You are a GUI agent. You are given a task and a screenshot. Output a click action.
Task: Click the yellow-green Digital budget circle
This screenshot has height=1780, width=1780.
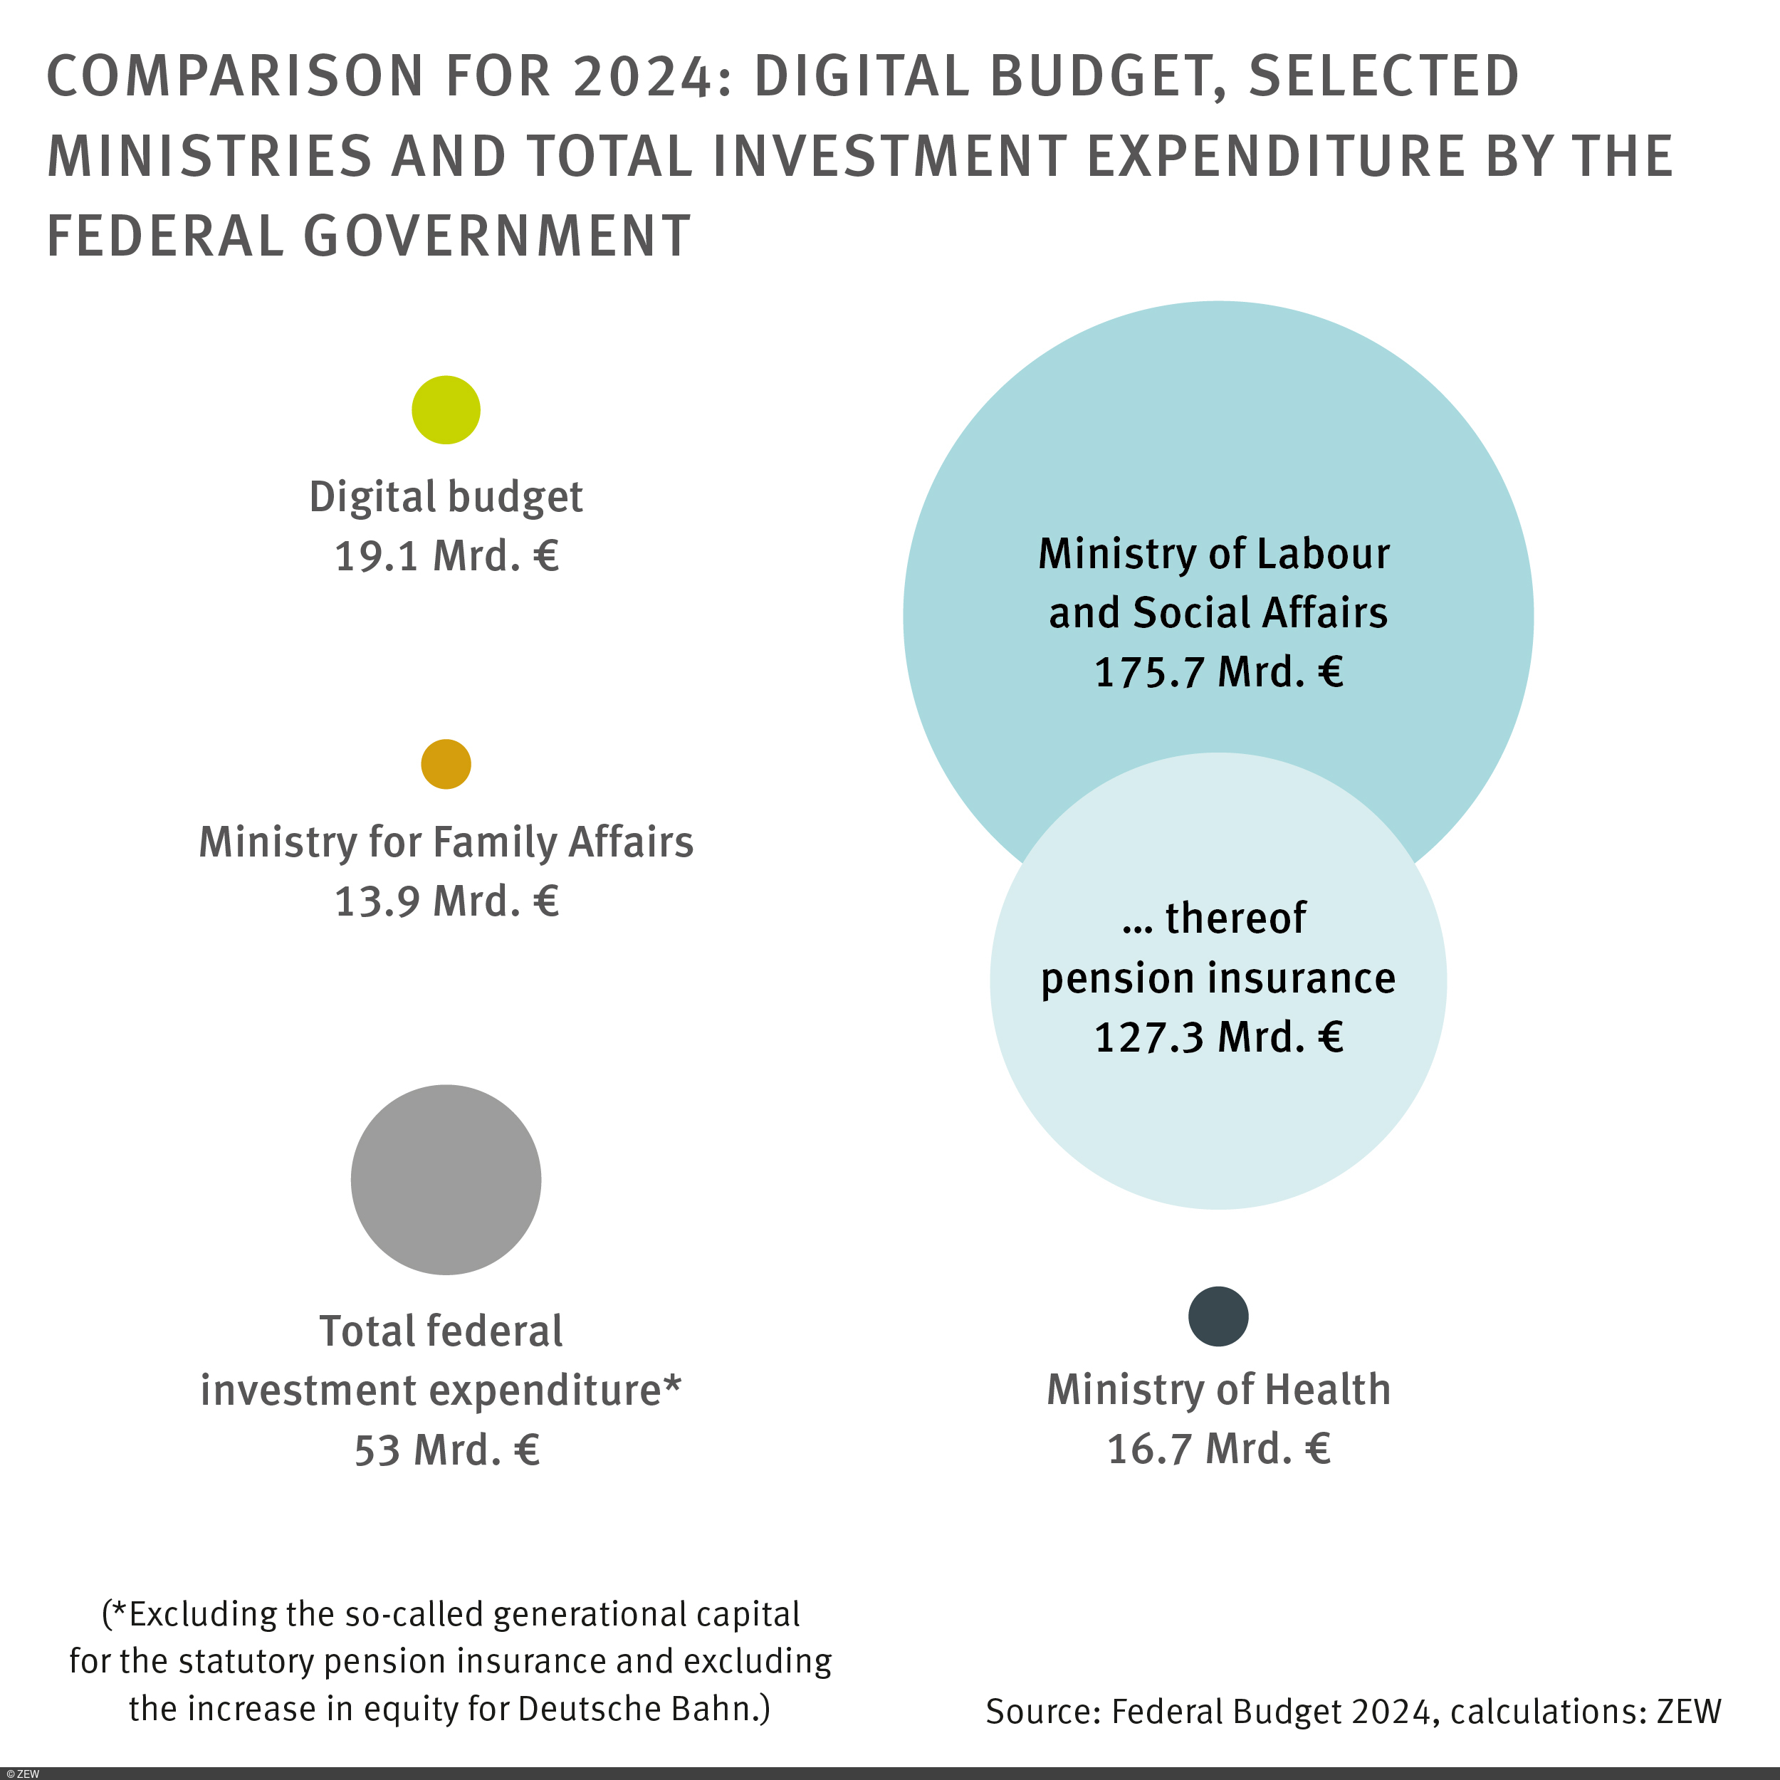coord(446,410)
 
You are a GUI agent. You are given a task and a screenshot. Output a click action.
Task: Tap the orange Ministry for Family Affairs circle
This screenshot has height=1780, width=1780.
coord(446,764)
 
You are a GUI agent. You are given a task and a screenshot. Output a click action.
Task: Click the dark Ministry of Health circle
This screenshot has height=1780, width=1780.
coord(1218,1316)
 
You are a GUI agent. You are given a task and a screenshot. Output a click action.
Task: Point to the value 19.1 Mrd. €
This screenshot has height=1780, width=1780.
coord(446,557)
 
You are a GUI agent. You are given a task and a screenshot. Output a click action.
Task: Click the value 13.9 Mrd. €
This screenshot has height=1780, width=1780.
coord(446,901)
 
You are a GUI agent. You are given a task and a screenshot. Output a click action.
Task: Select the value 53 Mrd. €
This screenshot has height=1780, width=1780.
coord(446,1450)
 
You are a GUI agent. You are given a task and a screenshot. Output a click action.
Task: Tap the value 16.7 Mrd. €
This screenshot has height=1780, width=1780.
coord(1218,1449)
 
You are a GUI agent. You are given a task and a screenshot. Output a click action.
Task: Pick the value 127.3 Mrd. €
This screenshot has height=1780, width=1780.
coord(1218,1037)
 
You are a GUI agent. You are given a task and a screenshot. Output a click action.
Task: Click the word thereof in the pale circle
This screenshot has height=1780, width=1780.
coord(1235,918)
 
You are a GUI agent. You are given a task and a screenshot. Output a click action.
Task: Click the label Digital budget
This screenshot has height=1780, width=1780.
coord(446,498)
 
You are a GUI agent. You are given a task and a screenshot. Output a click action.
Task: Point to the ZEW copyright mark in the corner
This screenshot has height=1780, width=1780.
coord(22,1774)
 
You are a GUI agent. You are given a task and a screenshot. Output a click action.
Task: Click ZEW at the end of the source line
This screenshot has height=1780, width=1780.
coord(1688,1711)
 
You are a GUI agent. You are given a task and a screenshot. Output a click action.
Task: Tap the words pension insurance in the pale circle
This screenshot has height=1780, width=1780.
coord(1218,978)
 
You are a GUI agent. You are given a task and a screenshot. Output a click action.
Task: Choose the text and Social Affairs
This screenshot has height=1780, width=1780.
coord(1218,614)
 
